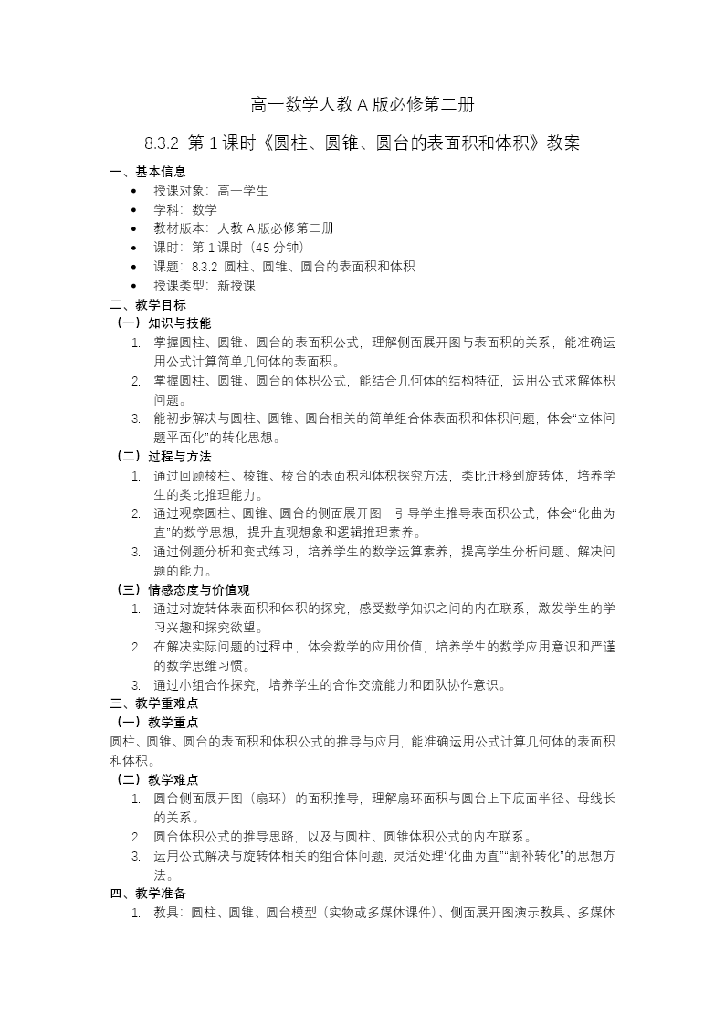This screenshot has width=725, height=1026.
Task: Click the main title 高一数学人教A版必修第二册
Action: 362,104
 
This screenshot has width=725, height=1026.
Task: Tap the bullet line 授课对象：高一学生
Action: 210,191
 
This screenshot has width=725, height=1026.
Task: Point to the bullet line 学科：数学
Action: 185,210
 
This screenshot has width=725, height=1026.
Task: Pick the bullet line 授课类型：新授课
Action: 205,285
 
